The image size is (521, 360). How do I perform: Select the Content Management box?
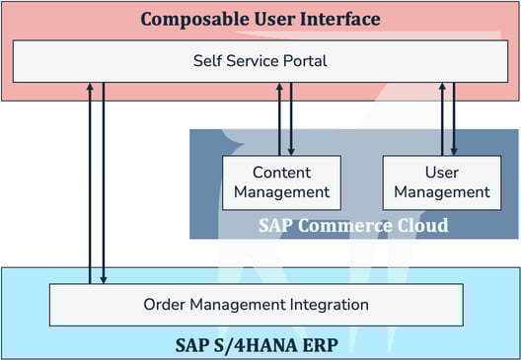tap(281, 182)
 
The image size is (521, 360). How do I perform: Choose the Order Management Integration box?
tap(256, 304)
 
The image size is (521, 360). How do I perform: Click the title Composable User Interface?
tap(260, 20)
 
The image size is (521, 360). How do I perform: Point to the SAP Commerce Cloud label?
tap(353, 225)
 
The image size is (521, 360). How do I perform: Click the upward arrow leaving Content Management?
tap(280, 118)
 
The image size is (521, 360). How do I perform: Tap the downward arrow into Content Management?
tap(292, 118)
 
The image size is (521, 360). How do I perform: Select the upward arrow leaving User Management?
tap(442, 118)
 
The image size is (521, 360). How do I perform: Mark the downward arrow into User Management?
tap(454, 118)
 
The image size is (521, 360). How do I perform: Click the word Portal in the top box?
tap(304, 61)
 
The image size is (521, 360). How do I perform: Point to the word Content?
tap(281, 172)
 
